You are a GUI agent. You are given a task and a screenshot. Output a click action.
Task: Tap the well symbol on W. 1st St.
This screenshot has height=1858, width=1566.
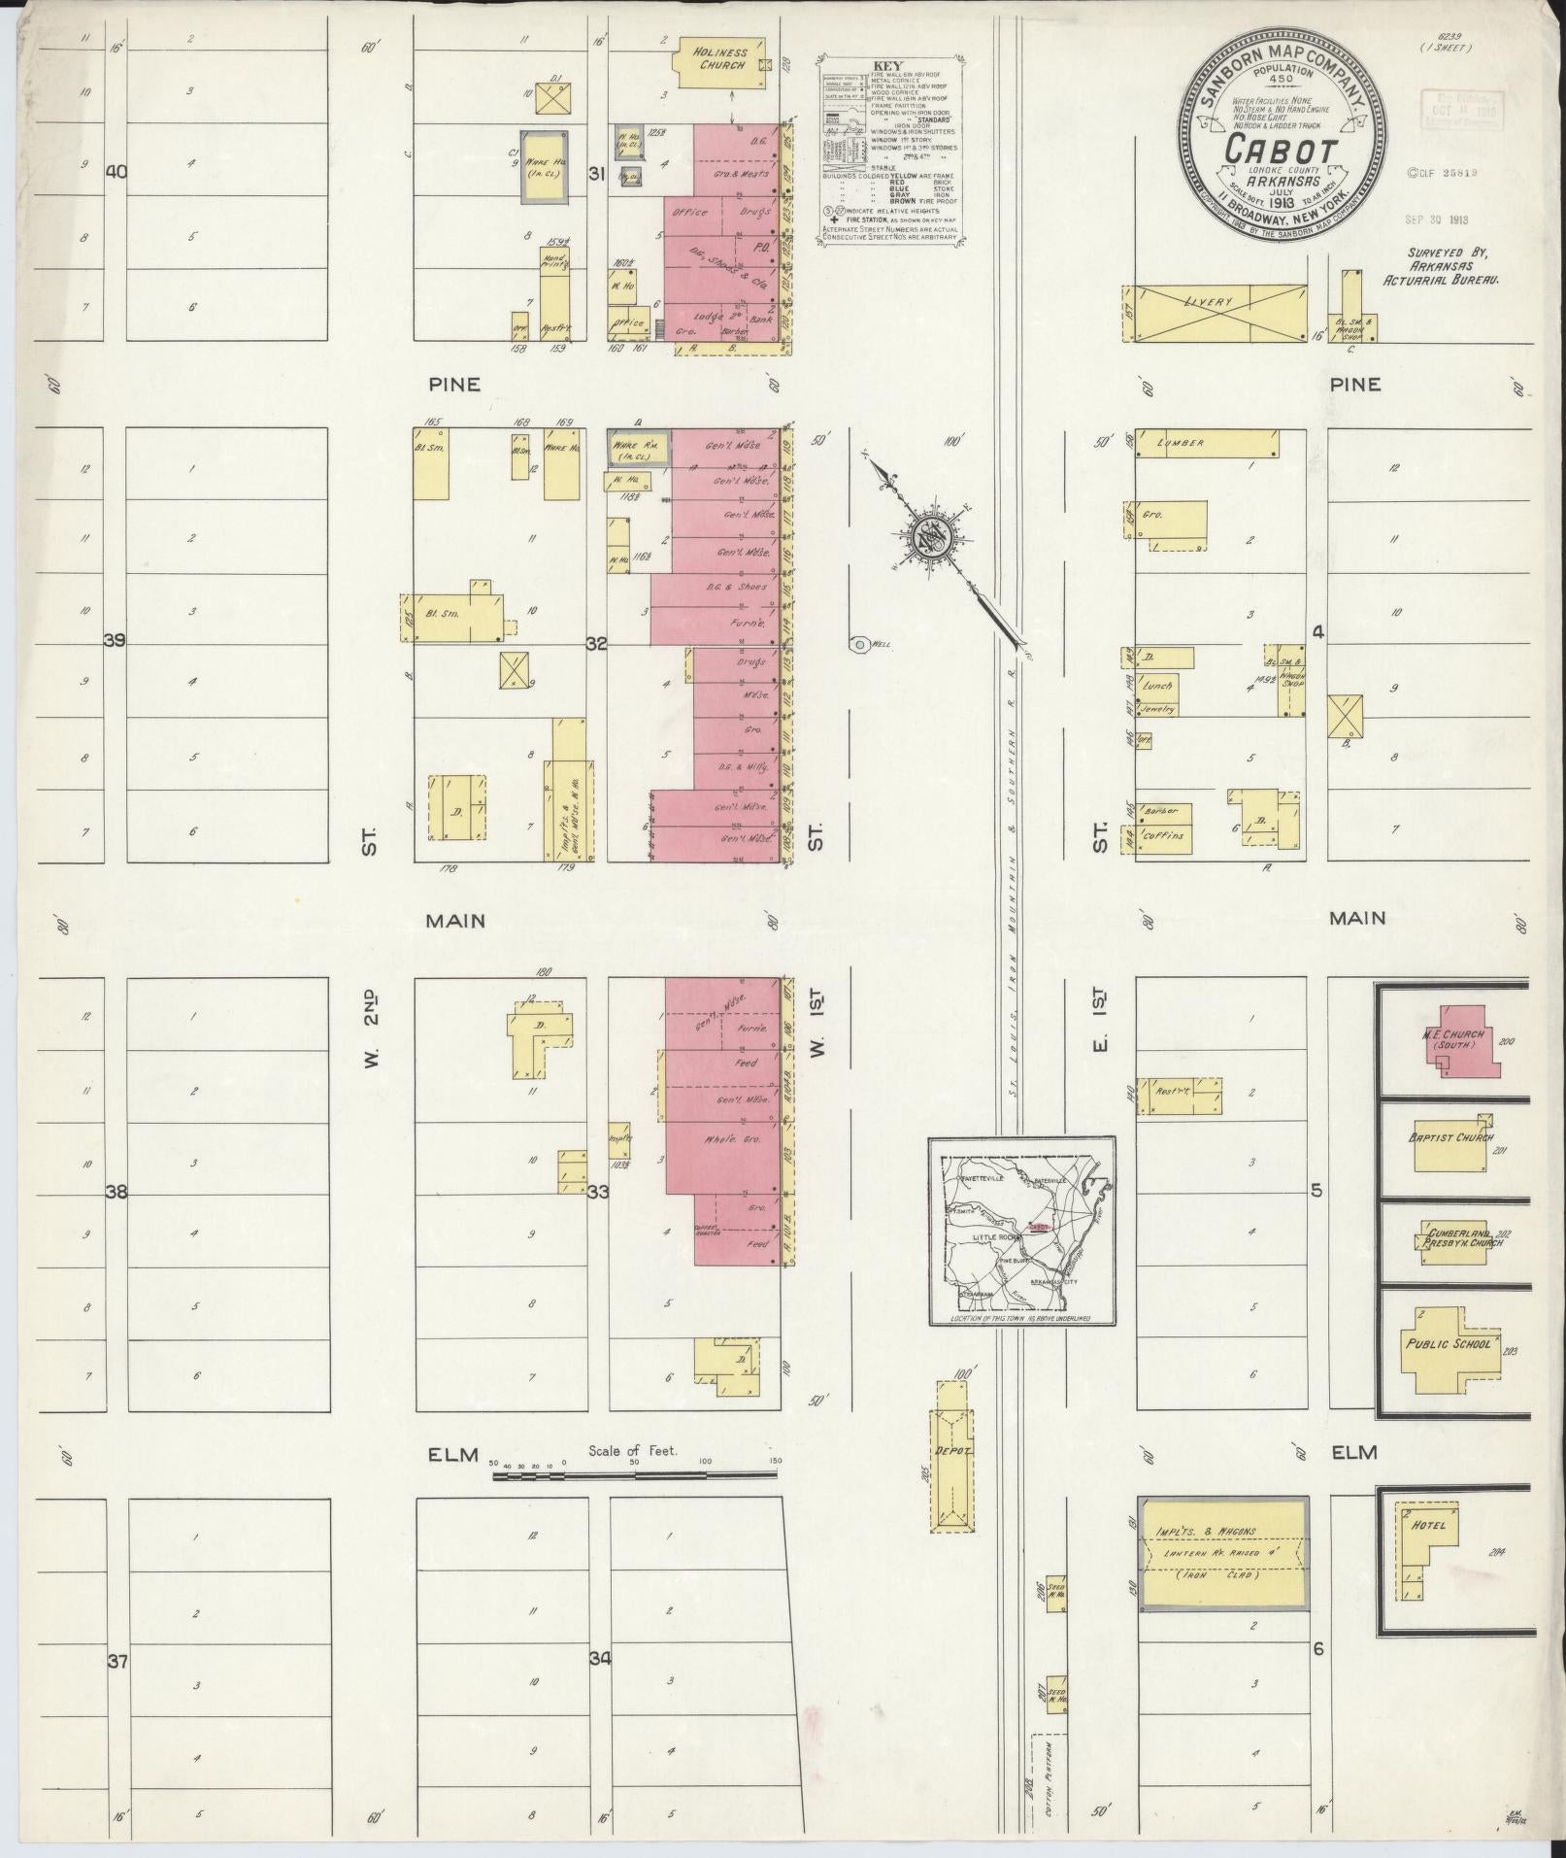coord(858,644)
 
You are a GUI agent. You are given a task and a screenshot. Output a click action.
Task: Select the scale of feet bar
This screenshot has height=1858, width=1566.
coord(635,1503)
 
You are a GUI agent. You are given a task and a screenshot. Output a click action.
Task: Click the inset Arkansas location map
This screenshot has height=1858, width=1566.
coord(1021,1231)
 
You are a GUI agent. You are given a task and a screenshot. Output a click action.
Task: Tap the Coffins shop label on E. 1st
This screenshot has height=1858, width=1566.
coord(1171,835)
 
